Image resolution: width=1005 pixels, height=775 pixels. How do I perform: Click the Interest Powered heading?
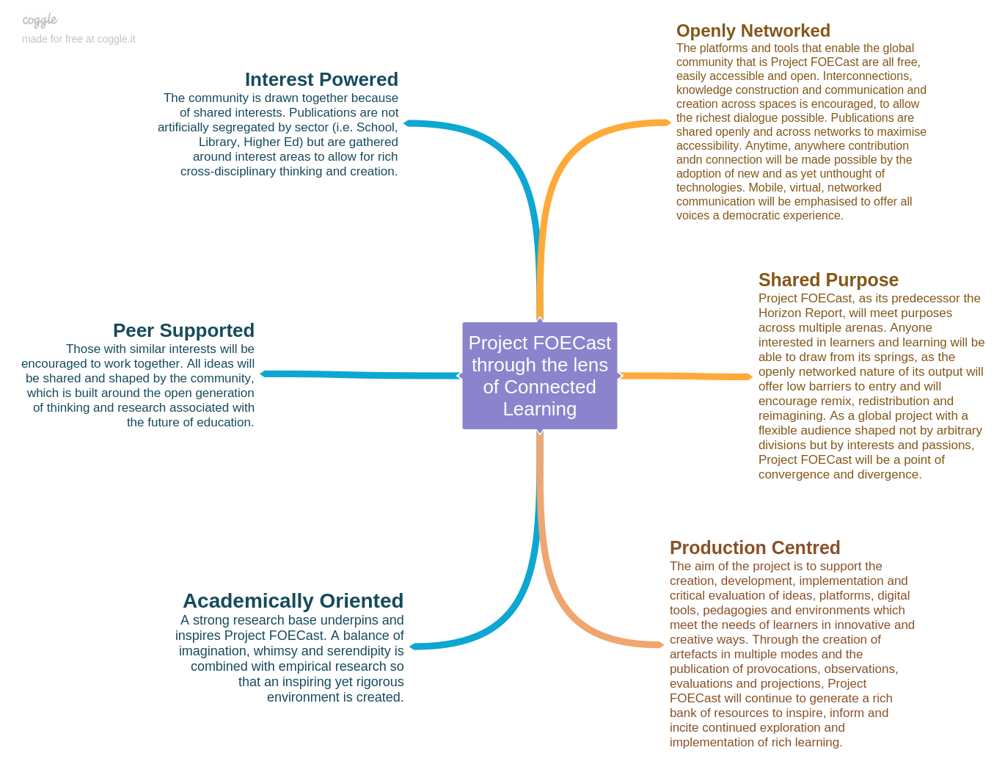click(321, 79)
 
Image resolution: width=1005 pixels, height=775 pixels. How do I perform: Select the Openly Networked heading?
click(753, 31)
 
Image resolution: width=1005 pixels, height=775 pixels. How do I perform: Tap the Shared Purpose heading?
click(828, 280)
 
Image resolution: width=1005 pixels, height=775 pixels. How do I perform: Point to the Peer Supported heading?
click(183, 330)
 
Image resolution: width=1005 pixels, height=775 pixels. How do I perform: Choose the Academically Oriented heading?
click(293, 601)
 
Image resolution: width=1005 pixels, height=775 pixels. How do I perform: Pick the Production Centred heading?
click(755, 548)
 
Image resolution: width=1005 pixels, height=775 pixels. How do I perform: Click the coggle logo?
click(40, 21)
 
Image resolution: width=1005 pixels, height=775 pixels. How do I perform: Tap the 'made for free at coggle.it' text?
click(78, 39)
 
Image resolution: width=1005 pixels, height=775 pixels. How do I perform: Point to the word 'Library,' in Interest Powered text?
click(218, 142)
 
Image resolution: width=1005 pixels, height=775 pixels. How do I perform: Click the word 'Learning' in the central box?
click(539, 409)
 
